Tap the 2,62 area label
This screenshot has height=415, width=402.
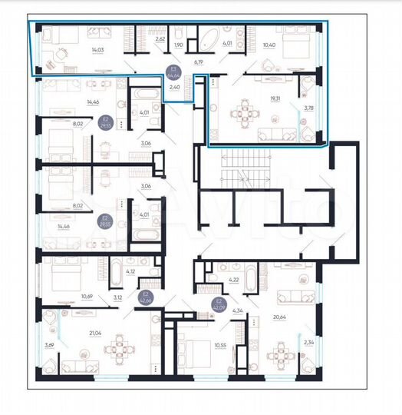tap(160, 38)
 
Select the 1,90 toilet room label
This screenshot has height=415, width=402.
tap(179, 45)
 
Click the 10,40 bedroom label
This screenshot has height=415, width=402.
tap(269, 45)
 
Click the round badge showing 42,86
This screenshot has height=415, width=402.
tap(144, 297)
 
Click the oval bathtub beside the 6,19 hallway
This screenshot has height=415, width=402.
tap(209, 38)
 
